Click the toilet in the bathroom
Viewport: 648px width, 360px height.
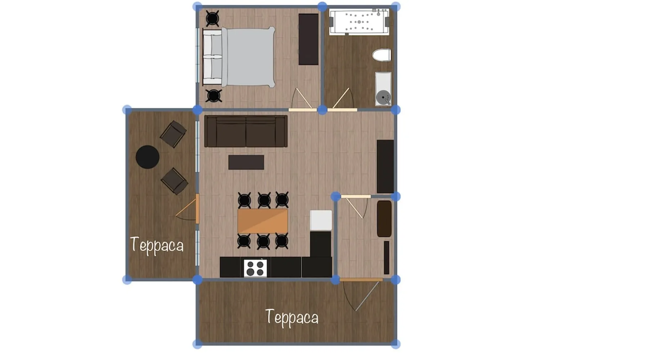pos(382,55)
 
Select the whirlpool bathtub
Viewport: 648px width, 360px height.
pos(359,22)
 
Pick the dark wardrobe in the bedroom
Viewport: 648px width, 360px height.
pos(309,39)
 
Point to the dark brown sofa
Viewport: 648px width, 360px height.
pos(246,131)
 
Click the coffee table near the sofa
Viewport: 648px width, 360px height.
pos(246,162)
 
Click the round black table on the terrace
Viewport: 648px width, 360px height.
pos(148,157)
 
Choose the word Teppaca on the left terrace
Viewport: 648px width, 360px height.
pos(157,246)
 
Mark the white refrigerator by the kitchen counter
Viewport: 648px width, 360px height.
pos(321,220)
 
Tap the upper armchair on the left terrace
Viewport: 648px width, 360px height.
pos(173,134)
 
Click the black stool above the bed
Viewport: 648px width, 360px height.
pos(212,18)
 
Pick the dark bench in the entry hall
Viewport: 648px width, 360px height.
pos(384,219)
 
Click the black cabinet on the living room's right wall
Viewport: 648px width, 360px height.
pos(385,166)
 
